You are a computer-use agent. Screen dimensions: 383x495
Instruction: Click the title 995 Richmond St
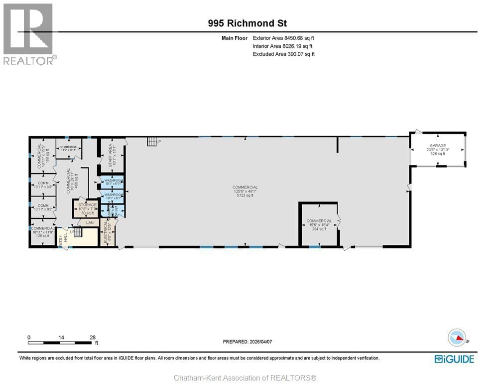pyautogui.click(x=247, y=23)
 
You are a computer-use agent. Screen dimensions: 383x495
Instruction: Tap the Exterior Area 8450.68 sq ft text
pyautogui.click(x=283, y=37)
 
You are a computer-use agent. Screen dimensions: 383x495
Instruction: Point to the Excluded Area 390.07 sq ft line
pyautogui.click(x=283, y=54)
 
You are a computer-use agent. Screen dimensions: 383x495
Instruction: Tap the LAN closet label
pyautogui.click(x=90, y=222)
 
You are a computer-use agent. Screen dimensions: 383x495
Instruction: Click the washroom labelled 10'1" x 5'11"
pyautogui.click(x=113, y=182)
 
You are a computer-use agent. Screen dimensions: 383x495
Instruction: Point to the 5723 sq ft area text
pyautogui.click(x=245, y=195)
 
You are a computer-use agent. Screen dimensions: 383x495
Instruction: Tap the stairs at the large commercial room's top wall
pyautogui.click(x=152, y=142)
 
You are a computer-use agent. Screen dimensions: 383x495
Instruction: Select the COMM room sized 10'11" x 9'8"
pyautogui.click(x=42, y=185)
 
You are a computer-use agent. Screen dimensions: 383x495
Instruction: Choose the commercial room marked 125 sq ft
pyautogui.click(x=42, y=232)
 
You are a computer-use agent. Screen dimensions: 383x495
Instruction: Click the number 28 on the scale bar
pyautogui.click(x=92, y=337)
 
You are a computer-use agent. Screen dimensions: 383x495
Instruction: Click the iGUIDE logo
pyautogui.click(x=454, y=359)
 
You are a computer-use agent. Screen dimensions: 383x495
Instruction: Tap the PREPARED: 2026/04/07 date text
pyautogui.click(x=247, y=342)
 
